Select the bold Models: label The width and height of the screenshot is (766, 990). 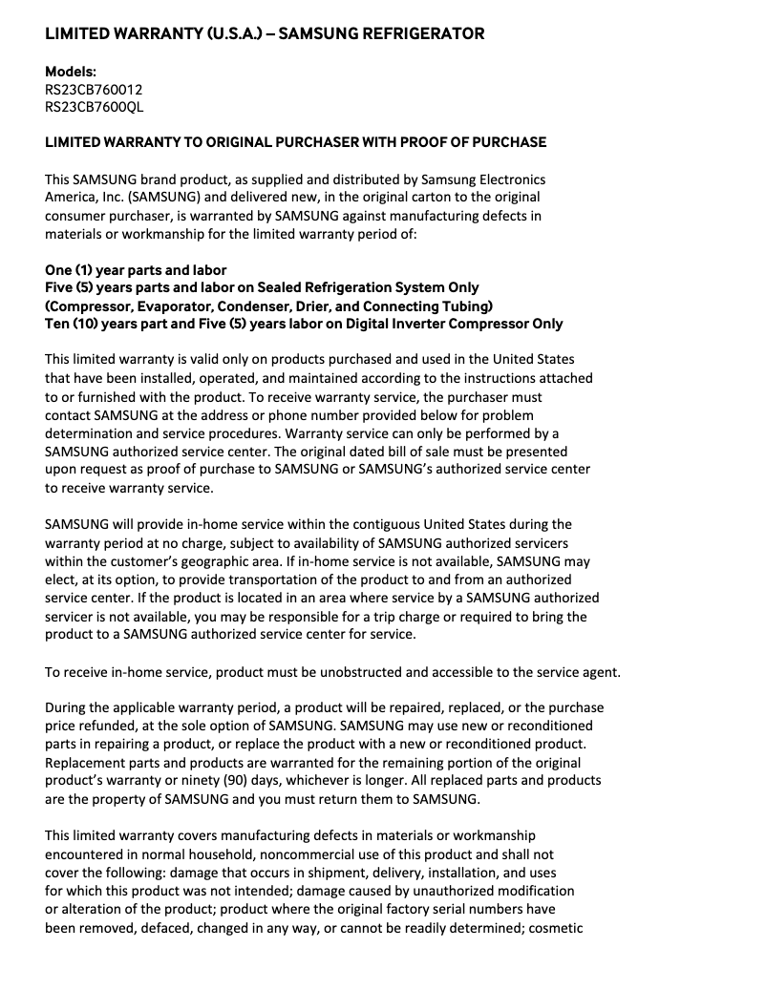pyautogui.click(x=71, y=71)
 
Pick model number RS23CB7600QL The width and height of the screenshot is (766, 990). pyautogui.click(x=95, y=106)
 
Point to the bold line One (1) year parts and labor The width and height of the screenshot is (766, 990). pyautogui.click(x=136, y=270)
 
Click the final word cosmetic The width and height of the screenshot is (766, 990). pyautogui.click(x=551, y=927)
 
